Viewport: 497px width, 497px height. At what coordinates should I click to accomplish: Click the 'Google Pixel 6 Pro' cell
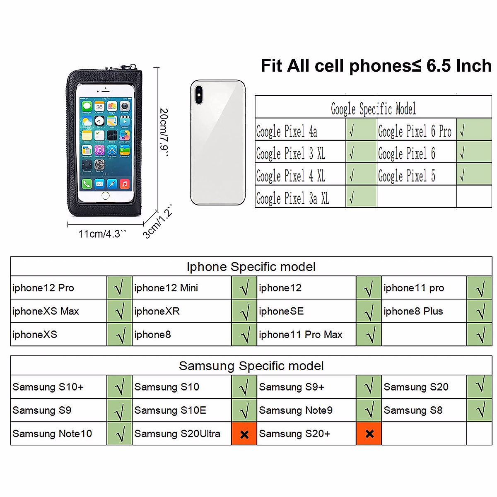tap(415, 131)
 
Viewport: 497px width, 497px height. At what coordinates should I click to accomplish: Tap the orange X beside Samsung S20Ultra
tap(244, 434)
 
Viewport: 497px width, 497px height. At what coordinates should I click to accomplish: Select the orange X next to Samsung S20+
tap(369, 434)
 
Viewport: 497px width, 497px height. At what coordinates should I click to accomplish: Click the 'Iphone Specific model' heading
tap(251, 267)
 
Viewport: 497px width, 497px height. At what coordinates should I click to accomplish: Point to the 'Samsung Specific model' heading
tap(251, 366)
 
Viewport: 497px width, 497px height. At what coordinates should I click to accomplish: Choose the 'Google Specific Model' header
tap(373, 109)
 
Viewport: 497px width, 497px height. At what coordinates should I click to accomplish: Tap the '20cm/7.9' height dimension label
tap(164, 133)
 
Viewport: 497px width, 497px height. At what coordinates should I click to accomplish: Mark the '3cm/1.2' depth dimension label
tap(157, 224)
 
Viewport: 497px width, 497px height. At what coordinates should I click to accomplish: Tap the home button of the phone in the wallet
tap(106, 195)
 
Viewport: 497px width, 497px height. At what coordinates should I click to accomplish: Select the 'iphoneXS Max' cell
tap(46, 311)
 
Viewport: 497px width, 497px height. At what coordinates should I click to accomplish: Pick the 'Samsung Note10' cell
tap(52, 434)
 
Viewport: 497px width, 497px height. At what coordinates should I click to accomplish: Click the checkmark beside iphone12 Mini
tap(244, 288)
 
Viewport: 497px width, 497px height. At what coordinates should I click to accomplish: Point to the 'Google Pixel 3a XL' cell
tap(292, 198)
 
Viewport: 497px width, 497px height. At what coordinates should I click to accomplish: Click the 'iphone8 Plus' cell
tap(413, 311)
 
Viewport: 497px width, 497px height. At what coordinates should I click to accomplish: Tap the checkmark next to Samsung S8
tap(480, 410)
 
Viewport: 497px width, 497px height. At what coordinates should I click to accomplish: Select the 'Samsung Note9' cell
tap(296, 410)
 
